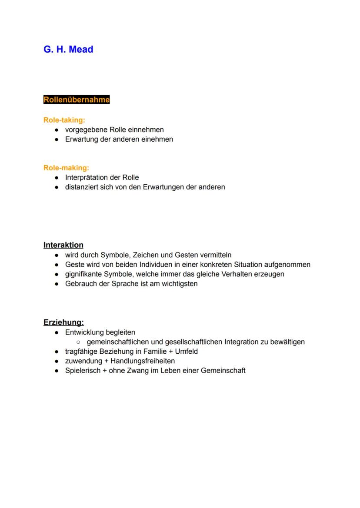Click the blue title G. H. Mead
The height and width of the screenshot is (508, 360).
[68, 50]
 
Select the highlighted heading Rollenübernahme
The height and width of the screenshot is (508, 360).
[77, 100]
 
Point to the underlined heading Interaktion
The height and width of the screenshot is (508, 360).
[63, 245]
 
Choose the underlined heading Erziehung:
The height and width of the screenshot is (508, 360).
[63, 322]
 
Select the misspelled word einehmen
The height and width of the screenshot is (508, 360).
[158, 139]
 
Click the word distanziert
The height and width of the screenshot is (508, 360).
[82, 187]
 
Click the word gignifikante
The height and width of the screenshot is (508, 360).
[83, 274]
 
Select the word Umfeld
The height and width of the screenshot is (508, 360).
[186, 352]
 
